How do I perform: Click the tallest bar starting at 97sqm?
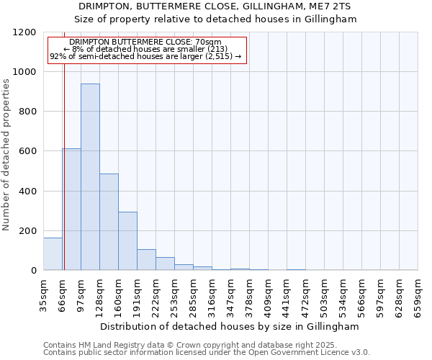(x=90, y=177)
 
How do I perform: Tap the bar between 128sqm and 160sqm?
(x=109, y=222)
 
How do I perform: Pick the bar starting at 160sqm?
(x=127, y=241)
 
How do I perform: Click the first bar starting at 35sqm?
(x=53, y=254)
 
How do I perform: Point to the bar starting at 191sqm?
(x=146, y=260)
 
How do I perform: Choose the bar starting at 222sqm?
(x=165, y=264)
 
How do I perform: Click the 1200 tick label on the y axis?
(x=24, y=32)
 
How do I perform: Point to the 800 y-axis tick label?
(x=27, y=112)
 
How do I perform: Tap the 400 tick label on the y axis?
(x=27, y=191)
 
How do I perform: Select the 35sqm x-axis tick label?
(x=44, y=293)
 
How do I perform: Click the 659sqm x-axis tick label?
(x=418, y=293)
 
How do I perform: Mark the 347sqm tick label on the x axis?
(x=231, y=293)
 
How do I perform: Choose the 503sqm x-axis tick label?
(x=325, y=293)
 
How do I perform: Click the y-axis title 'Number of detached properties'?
(x=6, y=155)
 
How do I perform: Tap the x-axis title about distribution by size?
(x=230, y=326)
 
